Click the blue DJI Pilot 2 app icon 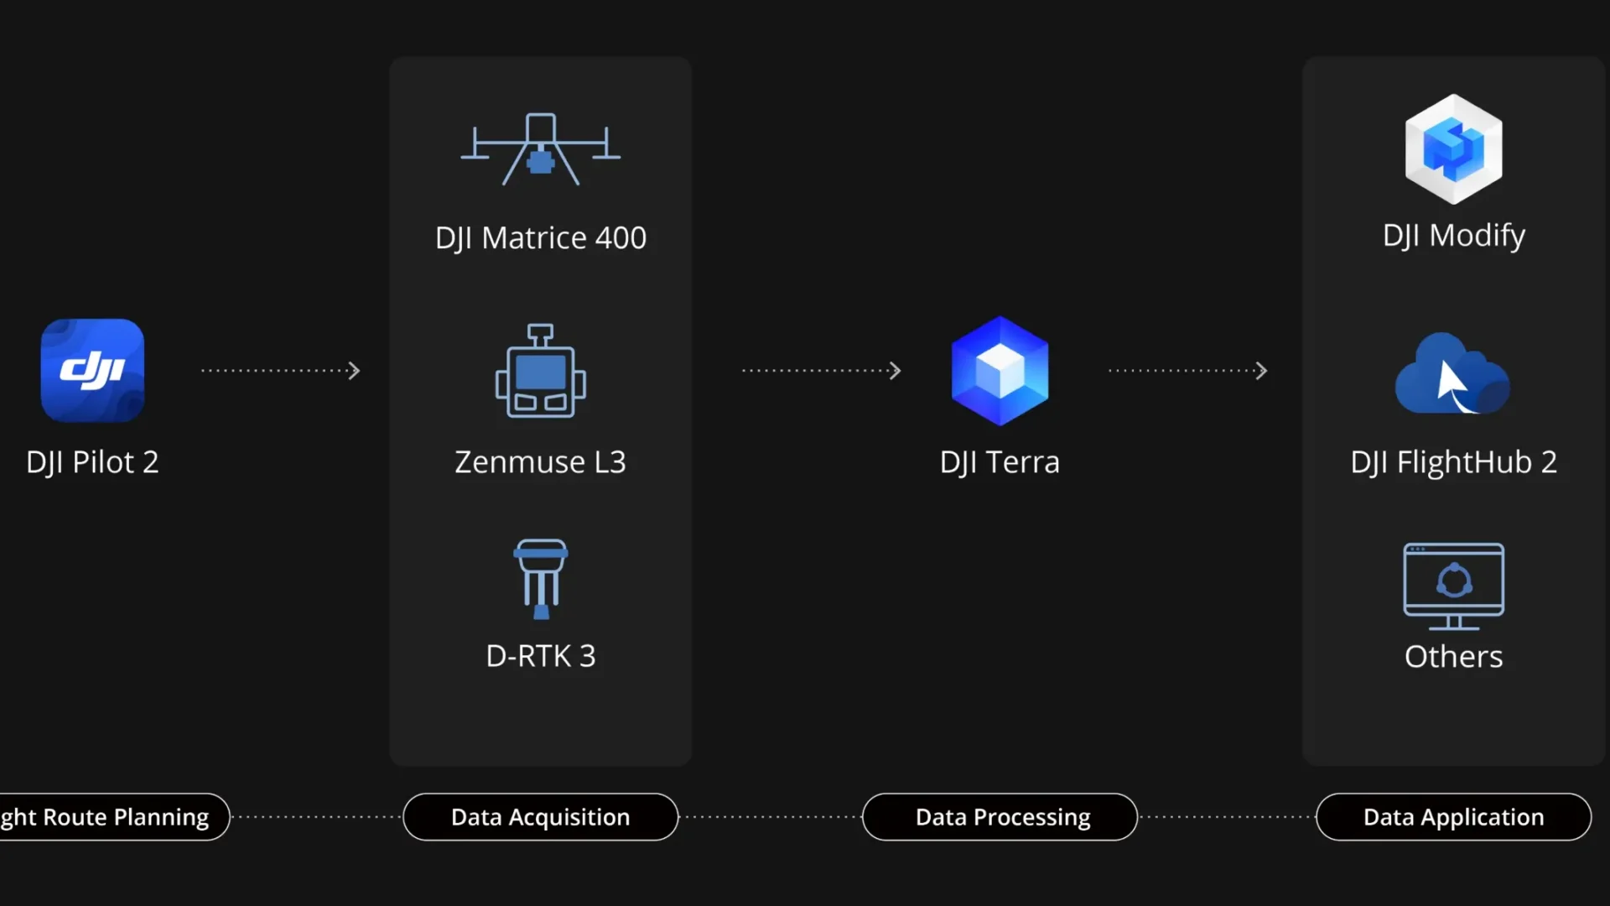(x=92, y=370)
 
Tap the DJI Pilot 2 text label (x=92, y=462)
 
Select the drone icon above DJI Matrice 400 (x=541, y=149)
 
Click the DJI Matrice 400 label (x=541, y=238)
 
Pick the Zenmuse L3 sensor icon (x=541, y=371)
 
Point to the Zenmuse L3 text (x=541, y=462)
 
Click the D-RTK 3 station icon (x=541, y=579)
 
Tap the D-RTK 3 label (x=541, y=656)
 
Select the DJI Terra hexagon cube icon (x=1000, y=370)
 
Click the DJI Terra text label (x=1000, y=462)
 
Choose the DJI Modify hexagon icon (x=1453, y=149)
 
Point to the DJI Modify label (x=1453, y=236)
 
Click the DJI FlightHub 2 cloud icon (x=1452, y=374)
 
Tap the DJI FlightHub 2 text (x=1453, y=462)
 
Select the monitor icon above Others (x=1453, y=586)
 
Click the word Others (x=1453, y=657)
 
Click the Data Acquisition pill (x=541, y=817)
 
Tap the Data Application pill (x=1453, y=817)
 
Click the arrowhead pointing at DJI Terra (x=896, y=371)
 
